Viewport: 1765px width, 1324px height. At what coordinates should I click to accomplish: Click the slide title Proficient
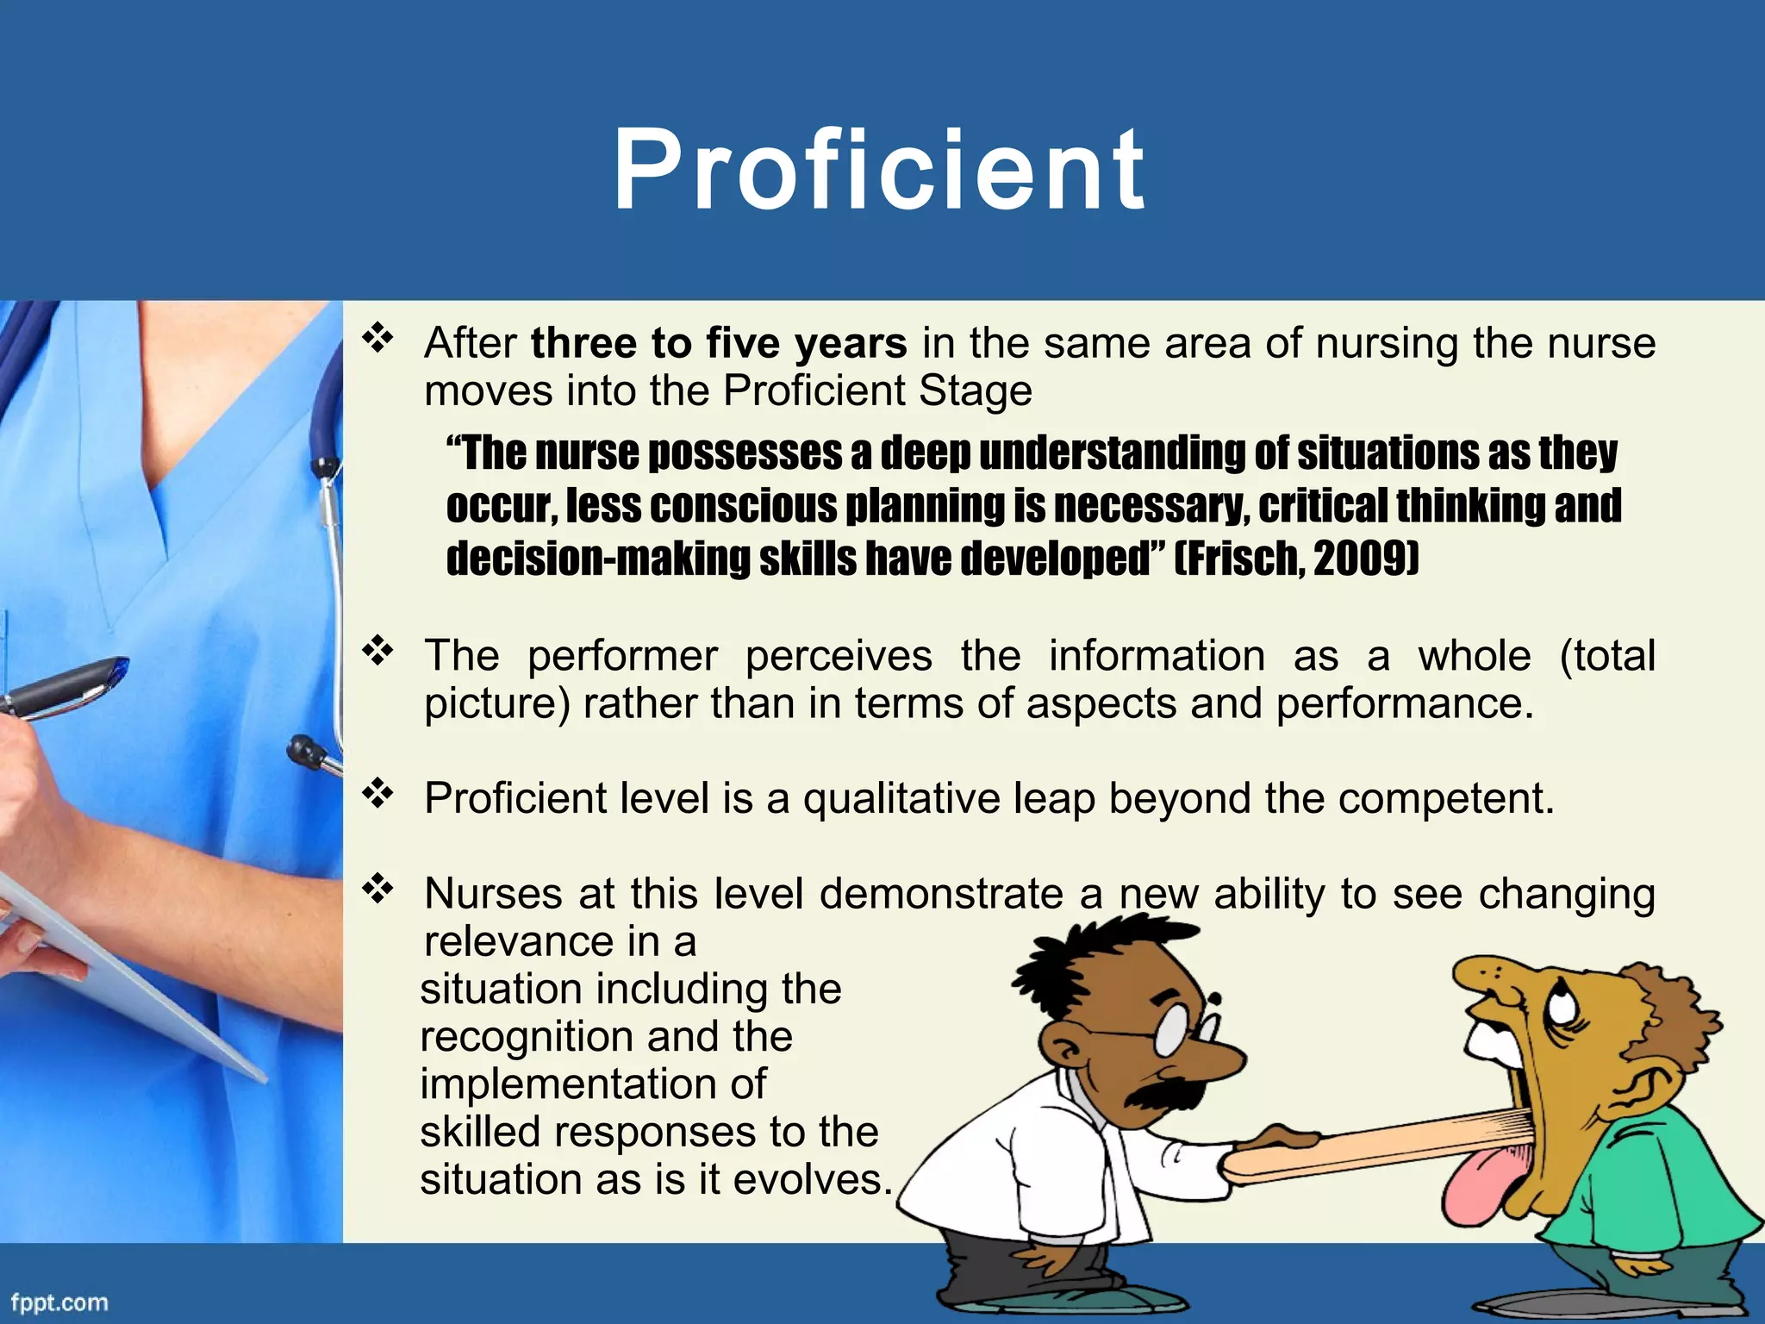[x=879, y=169]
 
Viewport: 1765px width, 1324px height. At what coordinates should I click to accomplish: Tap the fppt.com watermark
[x=59, y=1302]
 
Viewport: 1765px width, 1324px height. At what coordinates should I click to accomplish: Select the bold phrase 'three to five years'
[x=719, y=343]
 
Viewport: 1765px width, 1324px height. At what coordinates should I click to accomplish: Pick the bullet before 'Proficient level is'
[x=377, y=794]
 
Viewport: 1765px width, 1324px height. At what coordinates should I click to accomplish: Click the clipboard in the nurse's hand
[x=129, y=974]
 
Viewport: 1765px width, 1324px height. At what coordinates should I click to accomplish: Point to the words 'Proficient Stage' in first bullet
[x=877, y=390]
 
